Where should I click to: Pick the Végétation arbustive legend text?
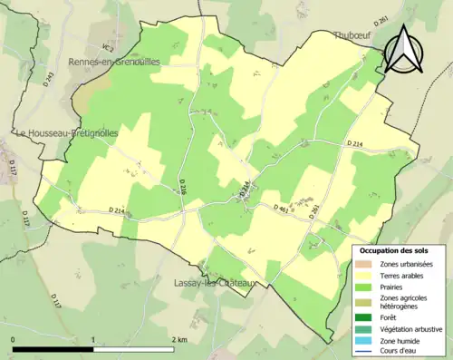[x=412, y=330]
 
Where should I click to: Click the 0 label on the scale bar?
[x=14, y=339]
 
